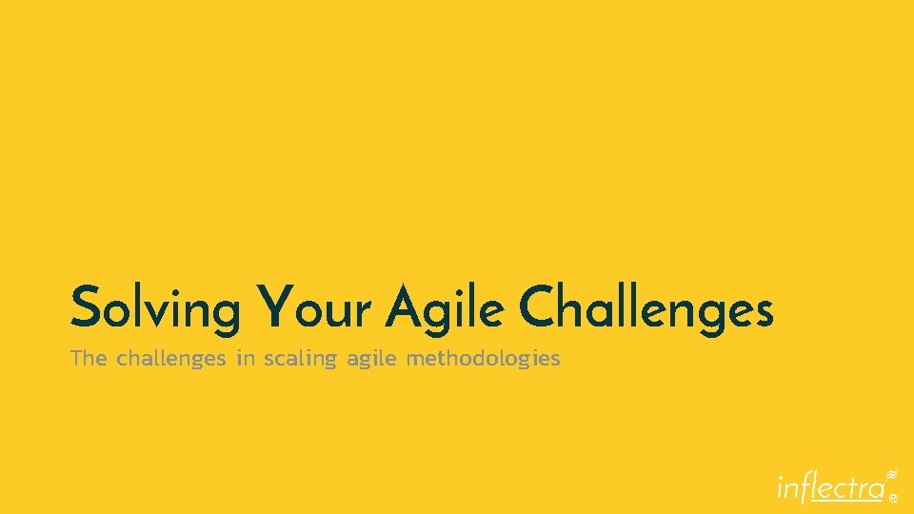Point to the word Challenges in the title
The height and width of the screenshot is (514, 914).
pyautogui.click(x=646, y=306)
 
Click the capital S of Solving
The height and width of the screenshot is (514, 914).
pyautogui.click(x=85, y=306)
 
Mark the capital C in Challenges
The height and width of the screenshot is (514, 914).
pyautogui.click(x=539, y=305)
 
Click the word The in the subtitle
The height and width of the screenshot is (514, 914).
pyautogui.click(x=89, y=359)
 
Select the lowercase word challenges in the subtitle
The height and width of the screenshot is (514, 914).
pyautogui.click(x=170, y=359)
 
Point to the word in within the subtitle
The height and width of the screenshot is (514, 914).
pyautogui.click(x=246, y=359)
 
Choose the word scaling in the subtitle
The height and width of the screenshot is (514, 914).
pyautogui.click(x=301, y=360)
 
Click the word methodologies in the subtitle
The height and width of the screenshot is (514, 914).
pyautogui.click(x=483, y=359)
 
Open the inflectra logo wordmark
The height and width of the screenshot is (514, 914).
pyautogui.click(x=830, y=486)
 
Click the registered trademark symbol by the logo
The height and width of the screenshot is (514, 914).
pyautogui.click(x=893, y=496)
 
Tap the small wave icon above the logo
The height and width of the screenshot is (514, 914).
pyautogui.click(x=892, y=473)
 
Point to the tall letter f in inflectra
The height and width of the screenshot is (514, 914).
pyautogui.click(x=811, y=485)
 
